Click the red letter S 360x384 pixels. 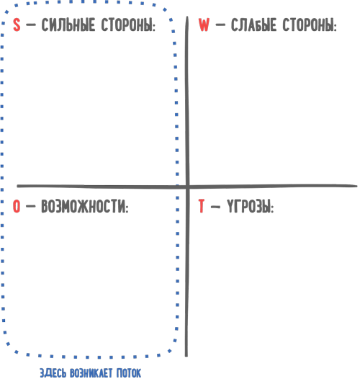17,24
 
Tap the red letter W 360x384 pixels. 204,24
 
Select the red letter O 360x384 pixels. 17,206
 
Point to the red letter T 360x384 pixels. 202,206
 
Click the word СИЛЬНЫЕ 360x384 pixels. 68,24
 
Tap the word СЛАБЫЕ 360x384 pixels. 253,24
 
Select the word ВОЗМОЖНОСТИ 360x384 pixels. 83,206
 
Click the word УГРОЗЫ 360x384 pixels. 248,206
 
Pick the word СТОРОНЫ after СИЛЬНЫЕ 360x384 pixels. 127,24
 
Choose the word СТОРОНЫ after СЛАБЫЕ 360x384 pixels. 308,24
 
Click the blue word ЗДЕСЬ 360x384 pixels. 53,373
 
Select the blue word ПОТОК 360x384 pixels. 129,373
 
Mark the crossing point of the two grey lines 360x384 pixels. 187,187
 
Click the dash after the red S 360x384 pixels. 31,24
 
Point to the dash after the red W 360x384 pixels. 220,24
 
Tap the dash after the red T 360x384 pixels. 215,207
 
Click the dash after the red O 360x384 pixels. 30,206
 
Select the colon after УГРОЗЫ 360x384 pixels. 272,209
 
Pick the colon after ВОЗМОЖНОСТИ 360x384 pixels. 127,209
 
